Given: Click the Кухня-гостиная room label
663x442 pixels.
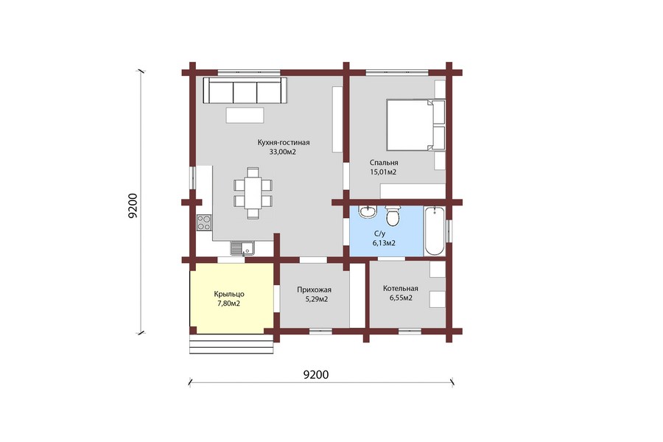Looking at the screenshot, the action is tap(284, 142).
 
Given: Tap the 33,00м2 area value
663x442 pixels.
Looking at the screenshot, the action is tap(282, 152).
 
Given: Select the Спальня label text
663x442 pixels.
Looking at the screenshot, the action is tap(384, 163).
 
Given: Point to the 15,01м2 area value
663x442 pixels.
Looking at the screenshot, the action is tap(383, 172).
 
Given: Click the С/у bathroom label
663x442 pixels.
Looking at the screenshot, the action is tap(379, 234).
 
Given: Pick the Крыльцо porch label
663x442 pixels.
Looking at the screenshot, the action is tap(229, 295).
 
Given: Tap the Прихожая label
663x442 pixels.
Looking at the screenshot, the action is tap(314, 290).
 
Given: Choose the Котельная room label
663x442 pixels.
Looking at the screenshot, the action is tap(401, 289).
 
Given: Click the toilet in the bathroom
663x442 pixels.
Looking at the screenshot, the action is tap(393, 215).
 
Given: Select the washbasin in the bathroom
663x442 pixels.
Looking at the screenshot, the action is tap(368, 212).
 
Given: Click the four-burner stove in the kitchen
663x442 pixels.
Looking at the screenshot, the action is tap(204, 222).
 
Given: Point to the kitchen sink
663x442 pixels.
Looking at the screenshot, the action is tap(242, 248).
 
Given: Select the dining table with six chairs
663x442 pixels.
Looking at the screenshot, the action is tap(253, 193).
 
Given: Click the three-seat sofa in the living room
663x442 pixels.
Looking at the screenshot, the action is tap(245, 90).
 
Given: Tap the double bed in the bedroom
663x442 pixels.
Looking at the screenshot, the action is tap(415, 124).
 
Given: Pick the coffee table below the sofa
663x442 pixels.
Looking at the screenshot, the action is tap(245, 115).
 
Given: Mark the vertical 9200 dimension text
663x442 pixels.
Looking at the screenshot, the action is tap(133, 206).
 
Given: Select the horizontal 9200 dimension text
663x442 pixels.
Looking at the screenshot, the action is tap(316, 375).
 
